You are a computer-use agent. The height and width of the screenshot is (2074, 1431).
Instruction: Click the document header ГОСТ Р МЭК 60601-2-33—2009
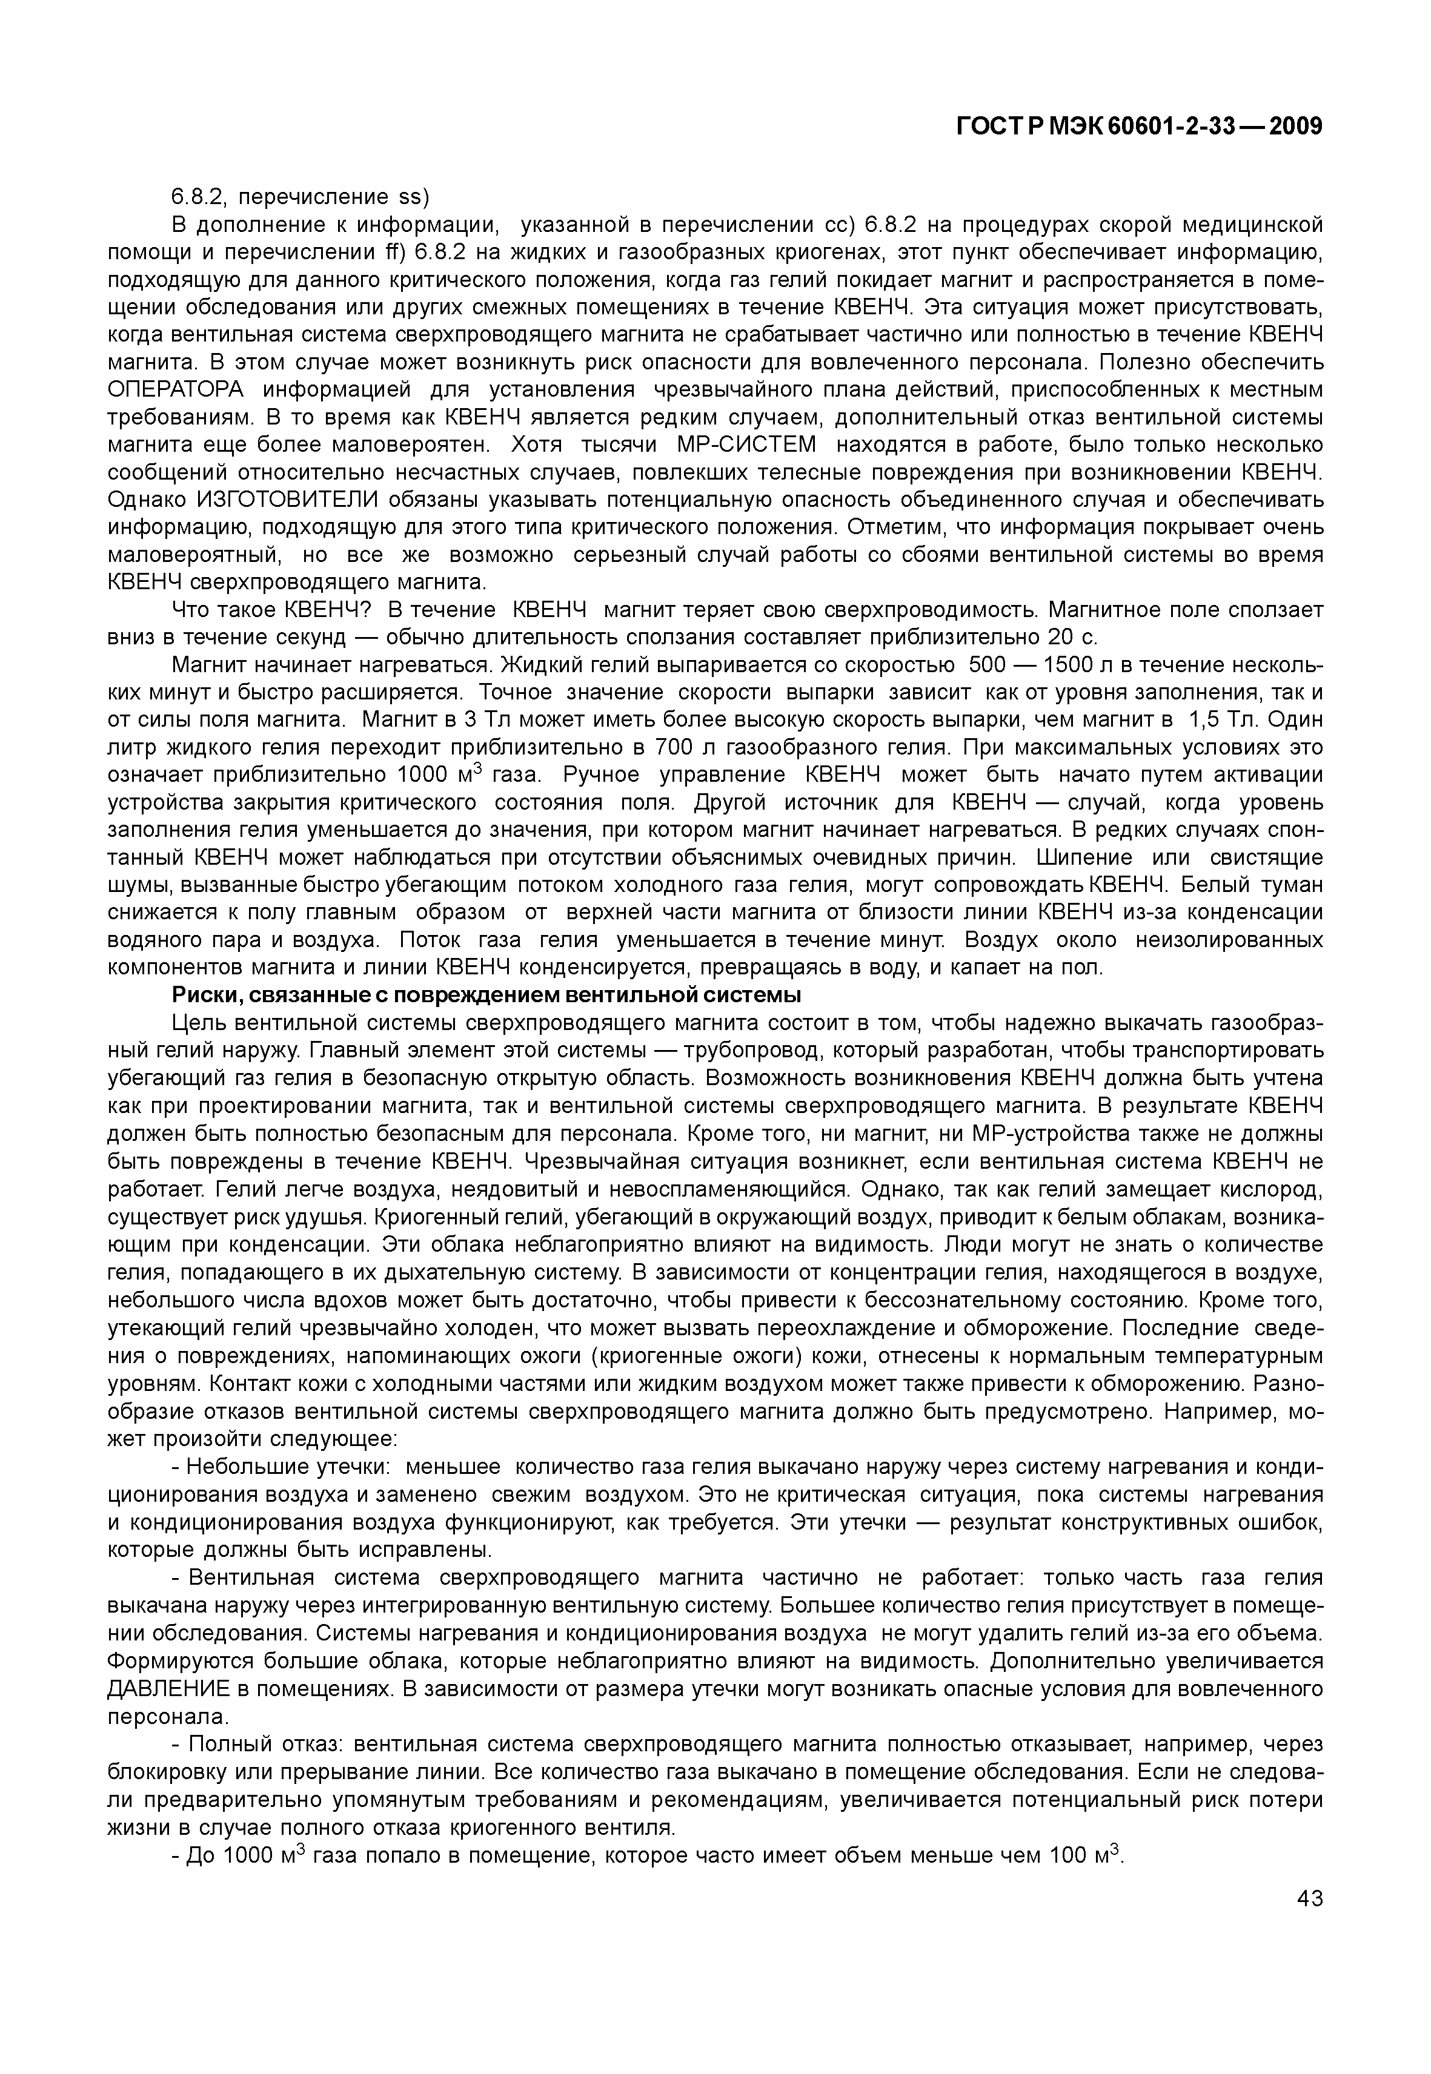click(x=1140, y=127)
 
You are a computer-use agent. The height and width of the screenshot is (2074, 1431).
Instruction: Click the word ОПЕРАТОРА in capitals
click(x=176, y=390)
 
